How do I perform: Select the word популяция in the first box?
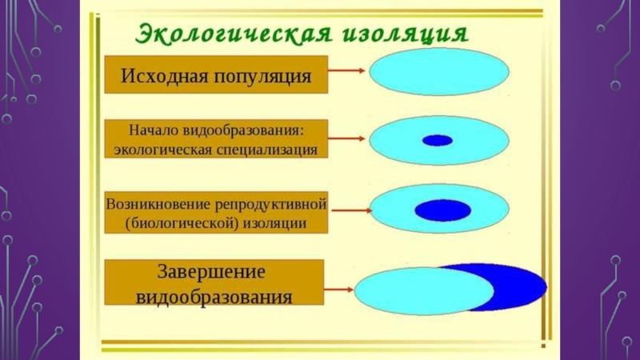click(x=261, y=78)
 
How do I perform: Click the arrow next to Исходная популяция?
click(x=348, y=70)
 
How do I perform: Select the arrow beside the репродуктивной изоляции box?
click(x=350, y=210)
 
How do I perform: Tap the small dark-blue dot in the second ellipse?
click(x=438, y=141)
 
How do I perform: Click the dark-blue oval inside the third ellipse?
click(x=442, y=210)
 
